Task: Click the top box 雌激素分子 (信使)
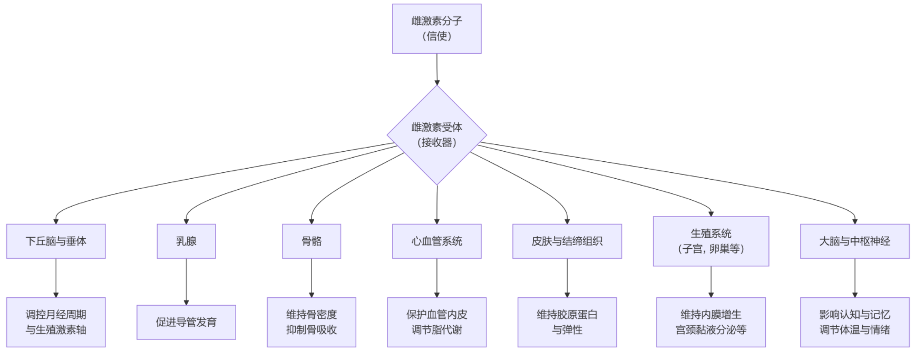click(x=436, y=28)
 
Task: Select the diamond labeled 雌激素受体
click(x=436, y=135)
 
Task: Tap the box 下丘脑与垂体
click(x=56, y=241)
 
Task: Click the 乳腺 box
click(x=186, y=241)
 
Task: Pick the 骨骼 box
click(x=312, y=241)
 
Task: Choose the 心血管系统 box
click(x=436, y=241)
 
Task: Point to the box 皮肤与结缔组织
click(x=567, y=241)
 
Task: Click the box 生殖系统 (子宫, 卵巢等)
click(x=710, y=241)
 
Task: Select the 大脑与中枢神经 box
click(x=854, y=241)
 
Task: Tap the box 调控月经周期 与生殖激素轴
click(x=56, y=322)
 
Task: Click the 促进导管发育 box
click(x=186, y=322)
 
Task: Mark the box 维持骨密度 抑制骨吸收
click(x=312, y=322)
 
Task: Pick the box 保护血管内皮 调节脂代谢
click(x=436, y=322)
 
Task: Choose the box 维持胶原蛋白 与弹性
click(x=567, y=322)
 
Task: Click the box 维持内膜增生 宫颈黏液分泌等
click(x=710, y=322)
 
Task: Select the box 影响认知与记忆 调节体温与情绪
click(x=854, y=322)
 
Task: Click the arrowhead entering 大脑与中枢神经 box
click(x=854, y=221)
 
